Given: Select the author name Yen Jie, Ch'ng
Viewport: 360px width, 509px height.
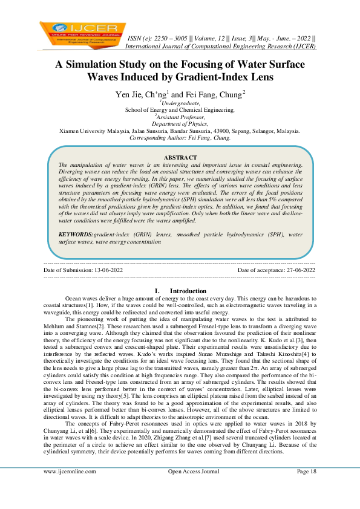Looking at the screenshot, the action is pos(142,95).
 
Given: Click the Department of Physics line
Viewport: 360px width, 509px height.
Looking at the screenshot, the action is pos(180,124).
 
